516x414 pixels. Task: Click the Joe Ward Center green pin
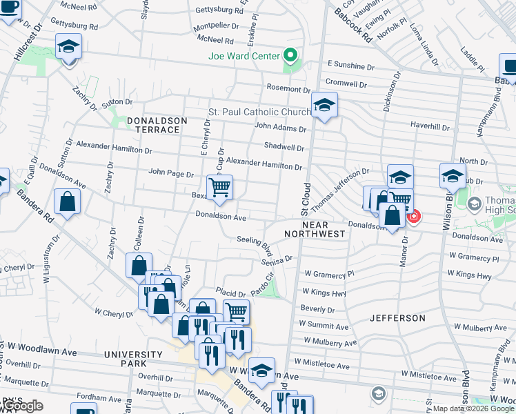290,56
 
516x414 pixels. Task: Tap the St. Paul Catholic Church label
260,112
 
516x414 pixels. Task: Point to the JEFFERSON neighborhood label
397,318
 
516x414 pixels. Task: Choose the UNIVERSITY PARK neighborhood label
126,358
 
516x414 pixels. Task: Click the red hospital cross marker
413,217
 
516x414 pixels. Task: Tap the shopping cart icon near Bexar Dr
219,186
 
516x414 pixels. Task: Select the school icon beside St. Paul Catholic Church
323,106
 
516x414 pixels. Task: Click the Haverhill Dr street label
430,127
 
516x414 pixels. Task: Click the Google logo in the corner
22,406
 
